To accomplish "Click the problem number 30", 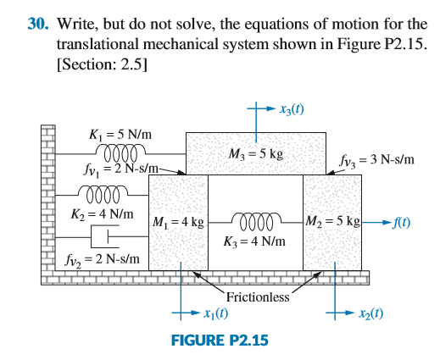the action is [37, 24].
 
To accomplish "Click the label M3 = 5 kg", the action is [256, 154].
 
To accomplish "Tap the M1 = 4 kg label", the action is [178, 222].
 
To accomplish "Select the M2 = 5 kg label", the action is [332, 221].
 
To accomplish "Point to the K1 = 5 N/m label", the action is [120, 135].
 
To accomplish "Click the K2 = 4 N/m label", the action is [102, 214].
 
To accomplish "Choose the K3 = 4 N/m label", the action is [254, 241].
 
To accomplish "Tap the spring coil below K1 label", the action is [121, 153].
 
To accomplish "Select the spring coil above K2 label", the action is [103, 194].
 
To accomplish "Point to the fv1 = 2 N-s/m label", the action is [121, 169].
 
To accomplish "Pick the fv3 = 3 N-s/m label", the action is [376, 160].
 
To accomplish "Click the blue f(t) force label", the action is [402, 223].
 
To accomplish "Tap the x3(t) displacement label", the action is [292, 109].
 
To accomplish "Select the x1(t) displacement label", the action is [216, 313].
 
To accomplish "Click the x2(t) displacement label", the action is [371, 313].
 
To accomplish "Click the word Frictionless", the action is [258, 297].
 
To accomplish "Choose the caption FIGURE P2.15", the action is [220, 341].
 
